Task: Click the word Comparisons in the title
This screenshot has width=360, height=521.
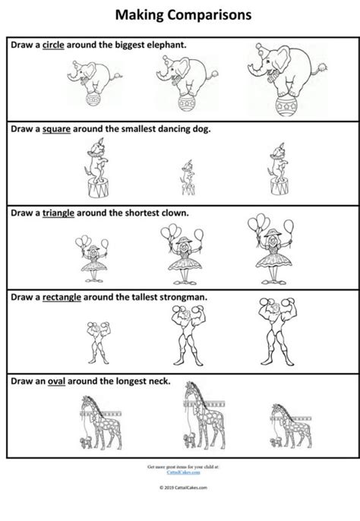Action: point(208,14)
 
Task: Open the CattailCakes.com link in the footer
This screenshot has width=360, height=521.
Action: point(180,472)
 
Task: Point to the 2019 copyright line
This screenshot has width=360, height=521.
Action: point(180,488)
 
